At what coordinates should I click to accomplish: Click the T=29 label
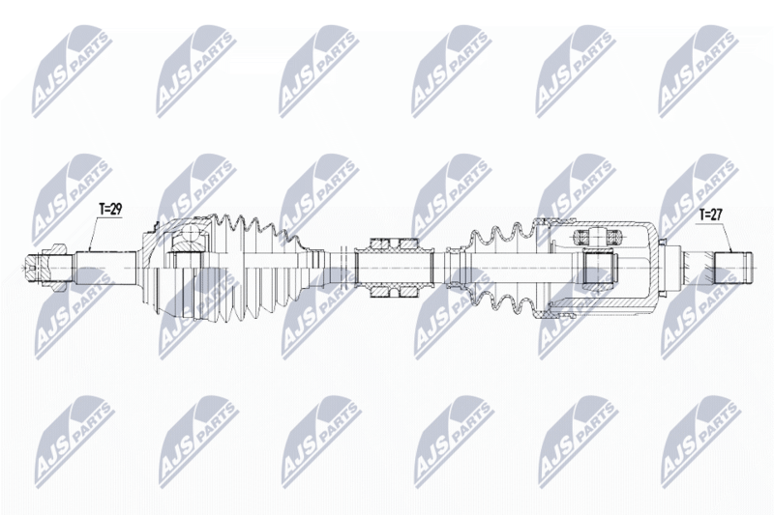(x=110, y=210)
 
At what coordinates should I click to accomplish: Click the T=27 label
(x=710, y=215)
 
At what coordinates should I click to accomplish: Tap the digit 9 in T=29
(x=118, y=210)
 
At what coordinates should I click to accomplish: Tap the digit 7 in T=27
(x=719, y=215)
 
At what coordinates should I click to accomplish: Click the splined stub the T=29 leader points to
(x=105, y=268)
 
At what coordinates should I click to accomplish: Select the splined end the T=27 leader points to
(x=733, y=268)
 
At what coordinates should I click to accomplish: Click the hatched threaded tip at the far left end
(x=45, y=268)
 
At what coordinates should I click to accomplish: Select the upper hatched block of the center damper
(x=395, y=243)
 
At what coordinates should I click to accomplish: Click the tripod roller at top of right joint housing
(x=597, y=237)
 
